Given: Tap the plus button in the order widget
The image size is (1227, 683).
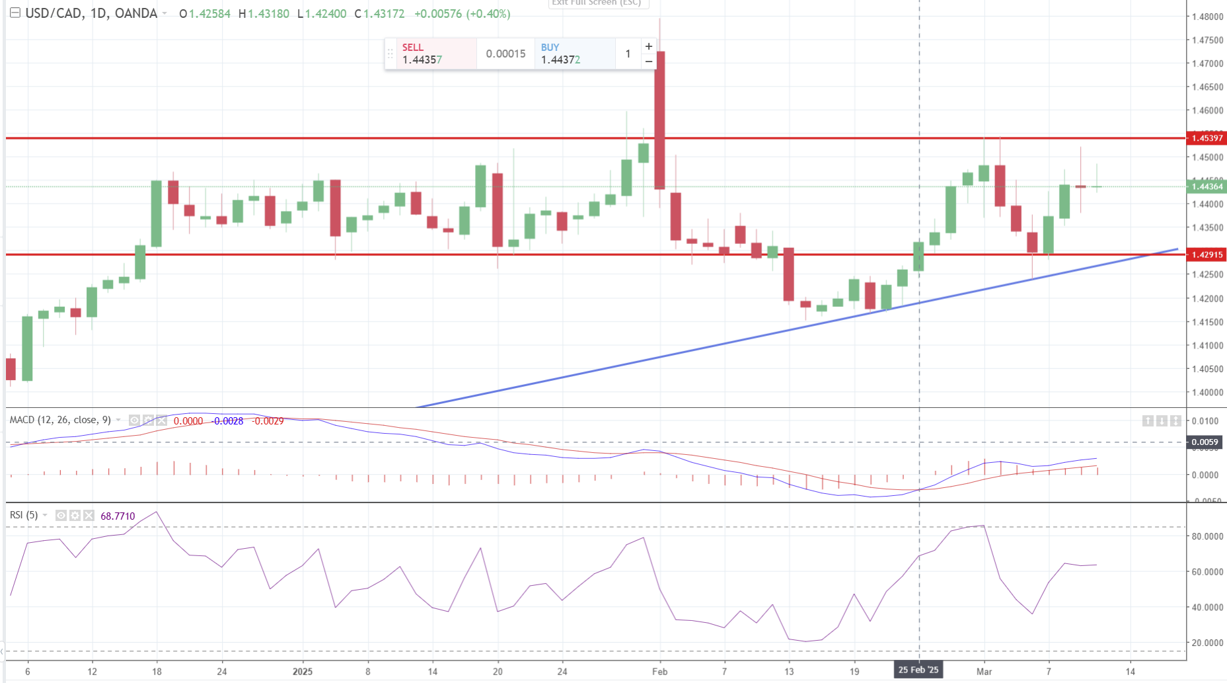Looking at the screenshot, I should click(x=649, y=46).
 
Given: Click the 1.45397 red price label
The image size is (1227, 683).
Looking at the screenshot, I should click(x=1207, y=138).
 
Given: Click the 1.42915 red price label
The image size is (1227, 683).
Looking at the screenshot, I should click(x=1207, y=255).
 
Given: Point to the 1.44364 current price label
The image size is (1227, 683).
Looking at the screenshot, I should click(x=1207, y=186).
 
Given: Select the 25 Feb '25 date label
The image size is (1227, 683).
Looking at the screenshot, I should click(x=918, y=670).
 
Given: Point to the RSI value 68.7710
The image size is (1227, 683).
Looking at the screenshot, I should click(x=118, y=516).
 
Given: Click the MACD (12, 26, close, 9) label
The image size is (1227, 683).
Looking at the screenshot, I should click(x=60, y=420).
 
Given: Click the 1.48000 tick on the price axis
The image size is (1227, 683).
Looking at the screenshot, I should click(x=1207, y=17).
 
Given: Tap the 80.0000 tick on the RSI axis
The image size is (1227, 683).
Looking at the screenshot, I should click(x=1207, y=536).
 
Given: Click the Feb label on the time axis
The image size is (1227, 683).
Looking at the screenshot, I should click(x=659, y=671).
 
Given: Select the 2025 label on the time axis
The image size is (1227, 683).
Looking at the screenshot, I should click(x=303, y=671).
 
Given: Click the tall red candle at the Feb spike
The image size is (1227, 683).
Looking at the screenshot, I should click(x=659, y=119).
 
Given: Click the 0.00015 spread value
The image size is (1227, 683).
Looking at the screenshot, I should click(x=505, y=54).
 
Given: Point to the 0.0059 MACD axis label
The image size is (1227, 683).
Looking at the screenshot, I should click(x=1205, y=442).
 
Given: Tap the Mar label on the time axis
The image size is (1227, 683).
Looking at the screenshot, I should click(x=984, y=671).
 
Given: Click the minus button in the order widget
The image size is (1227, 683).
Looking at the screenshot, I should click(x=649, y=61).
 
